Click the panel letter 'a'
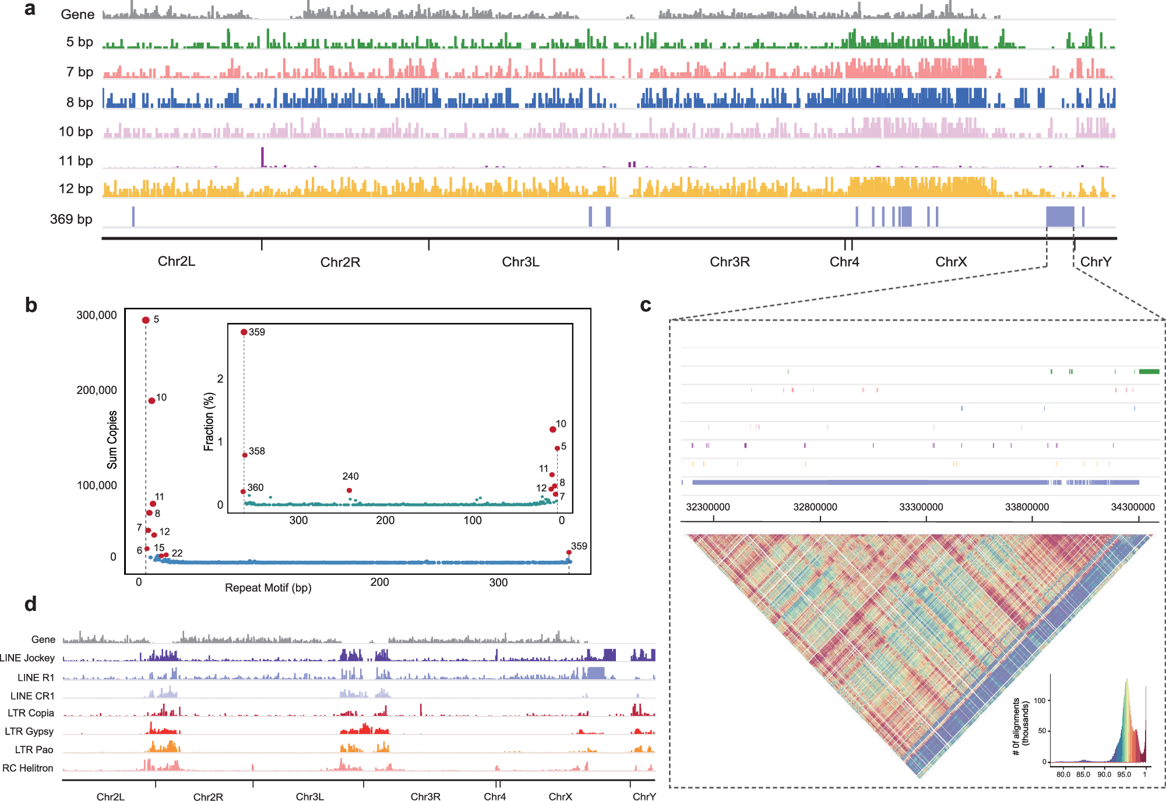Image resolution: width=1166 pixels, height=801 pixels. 30,9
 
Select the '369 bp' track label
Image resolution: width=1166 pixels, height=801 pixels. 71,219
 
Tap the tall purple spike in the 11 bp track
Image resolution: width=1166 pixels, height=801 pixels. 262,156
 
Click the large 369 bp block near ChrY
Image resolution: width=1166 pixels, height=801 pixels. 1060,216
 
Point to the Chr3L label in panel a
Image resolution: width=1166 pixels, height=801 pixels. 520,262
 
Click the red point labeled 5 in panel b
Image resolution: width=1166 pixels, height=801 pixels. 146,320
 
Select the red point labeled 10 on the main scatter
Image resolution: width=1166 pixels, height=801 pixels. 152,400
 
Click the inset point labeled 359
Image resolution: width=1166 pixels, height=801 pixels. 244,332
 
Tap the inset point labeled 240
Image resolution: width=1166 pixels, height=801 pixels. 349,490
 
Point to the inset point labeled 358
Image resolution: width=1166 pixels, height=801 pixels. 245,455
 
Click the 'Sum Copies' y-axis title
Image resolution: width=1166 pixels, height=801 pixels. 112,440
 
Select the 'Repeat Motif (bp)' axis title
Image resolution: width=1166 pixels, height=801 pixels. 268,588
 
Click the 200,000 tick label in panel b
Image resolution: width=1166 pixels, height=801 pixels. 97,390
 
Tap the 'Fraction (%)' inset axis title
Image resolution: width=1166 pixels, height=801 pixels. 209,421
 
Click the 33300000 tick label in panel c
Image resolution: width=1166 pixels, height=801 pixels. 921,507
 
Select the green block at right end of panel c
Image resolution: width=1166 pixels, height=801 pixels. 1149,371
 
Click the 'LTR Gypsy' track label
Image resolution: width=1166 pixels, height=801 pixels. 29,731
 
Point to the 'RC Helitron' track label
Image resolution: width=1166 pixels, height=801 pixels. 28,768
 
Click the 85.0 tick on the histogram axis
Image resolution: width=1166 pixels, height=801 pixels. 1083,774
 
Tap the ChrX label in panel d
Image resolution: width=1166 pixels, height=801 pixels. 560,796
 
